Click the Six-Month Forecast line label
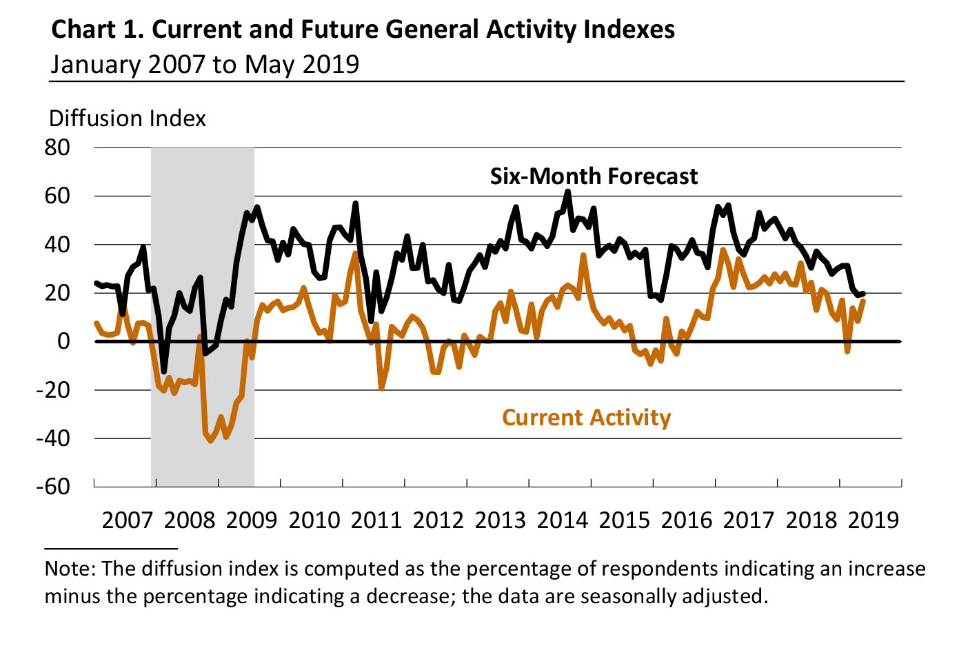(594, 176)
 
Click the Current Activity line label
(586, 418)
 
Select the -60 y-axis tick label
(53, 487)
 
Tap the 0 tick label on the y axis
(63, 341)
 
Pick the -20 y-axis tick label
(53, 390)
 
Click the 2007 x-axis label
(128, 520)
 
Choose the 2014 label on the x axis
(563, 520)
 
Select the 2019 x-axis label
(874, 520)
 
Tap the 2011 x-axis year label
(376, 520)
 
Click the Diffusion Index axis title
(128, 119)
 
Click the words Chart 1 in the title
(97, 30)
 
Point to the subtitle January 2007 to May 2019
(205, 64)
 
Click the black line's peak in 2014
(567, 192)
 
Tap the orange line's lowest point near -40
(210, 441)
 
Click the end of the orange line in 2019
(863, 301)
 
